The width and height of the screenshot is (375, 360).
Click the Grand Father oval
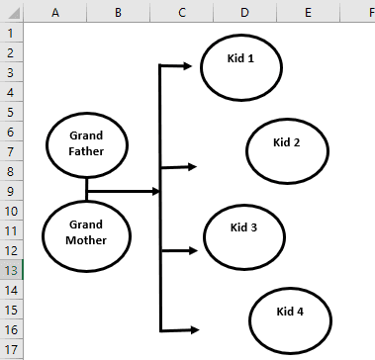88,143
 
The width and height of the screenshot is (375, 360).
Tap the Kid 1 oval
241,65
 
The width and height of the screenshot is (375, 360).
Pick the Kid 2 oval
287,149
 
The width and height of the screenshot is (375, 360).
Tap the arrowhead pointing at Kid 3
191,249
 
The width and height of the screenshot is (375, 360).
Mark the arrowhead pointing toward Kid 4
193,329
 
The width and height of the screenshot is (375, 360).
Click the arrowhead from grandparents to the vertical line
154,191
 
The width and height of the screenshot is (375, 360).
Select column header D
243,11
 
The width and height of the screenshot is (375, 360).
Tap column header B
118,11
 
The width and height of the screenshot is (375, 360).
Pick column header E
308,11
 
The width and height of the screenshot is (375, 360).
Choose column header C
182,11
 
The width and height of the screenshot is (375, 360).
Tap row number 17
11,348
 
